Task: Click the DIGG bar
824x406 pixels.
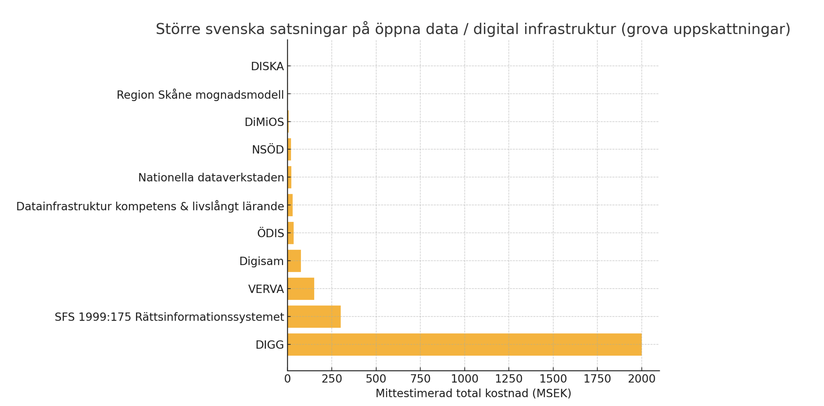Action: [465, 345]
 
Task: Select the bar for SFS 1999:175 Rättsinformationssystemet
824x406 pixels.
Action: [314, 317]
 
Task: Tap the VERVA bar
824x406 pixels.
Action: [301, 289]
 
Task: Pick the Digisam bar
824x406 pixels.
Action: [294, 261]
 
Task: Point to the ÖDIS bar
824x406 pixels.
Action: [291, 233]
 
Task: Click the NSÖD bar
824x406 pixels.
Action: [289, 149]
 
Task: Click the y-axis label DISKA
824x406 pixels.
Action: [267, 67]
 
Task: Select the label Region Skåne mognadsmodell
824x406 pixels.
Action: [200, 95]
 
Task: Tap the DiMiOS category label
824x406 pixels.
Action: [264, 122]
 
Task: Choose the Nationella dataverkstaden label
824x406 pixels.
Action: [211, 178]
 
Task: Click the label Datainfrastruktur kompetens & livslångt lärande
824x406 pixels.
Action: [150, 206]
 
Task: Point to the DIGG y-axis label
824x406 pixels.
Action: [269, 345]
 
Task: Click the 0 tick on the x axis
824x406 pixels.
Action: [287, 379]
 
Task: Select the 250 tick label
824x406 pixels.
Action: [332, 379]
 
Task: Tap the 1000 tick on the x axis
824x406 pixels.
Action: [465, 379]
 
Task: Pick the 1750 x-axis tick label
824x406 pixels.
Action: [597, 379]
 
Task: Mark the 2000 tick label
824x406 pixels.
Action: [641, 379]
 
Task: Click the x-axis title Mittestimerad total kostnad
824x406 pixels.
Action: [473, 393]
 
